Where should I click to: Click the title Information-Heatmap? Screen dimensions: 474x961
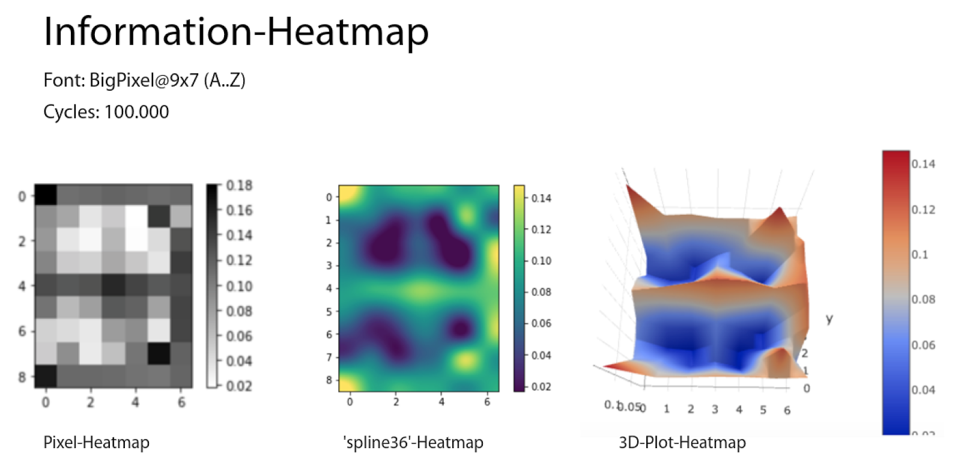pyautogui.click(x=236, y=31)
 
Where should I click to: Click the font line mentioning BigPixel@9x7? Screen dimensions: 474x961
pyautogui.click(x=144, y=80)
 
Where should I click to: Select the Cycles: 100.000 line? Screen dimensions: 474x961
pyautogui.click(x=106, y=112)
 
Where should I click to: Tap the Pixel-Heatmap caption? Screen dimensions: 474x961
pyautogui.click(x=96, y=443)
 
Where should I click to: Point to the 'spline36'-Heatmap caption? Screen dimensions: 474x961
pyautogui.click(x=413, y=443)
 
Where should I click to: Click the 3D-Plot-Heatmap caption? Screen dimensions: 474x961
pyautogui.click(x=682, y=443)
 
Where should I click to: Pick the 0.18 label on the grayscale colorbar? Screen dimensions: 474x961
pyautogui.click(x=239, y=185)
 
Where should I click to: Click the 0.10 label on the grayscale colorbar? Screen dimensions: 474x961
pyautogui.click(x=239, y=286)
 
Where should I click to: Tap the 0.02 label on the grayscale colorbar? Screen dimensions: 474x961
pyautogui.click(x=239, y=386)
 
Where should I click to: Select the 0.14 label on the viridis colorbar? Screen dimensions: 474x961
pyautogui.click(x=541, y=198)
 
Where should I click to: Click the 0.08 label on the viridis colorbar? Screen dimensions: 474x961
pyautogui.click(x=541, y=292)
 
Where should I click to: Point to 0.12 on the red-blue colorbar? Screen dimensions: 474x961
pyautogui.click(x=923, y=210)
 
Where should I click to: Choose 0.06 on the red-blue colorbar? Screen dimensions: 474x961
pyautogui.click(x=923, y=345)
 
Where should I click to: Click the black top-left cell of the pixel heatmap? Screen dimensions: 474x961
pyautogui.click(x=46, y=195)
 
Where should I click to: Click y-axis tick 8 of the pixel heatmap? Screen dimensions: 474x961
pyautogui.click(x=22, y=377)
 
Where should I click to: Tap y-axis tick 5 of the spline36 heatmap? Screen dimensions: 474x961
pyautogui.click(x=329, y=312)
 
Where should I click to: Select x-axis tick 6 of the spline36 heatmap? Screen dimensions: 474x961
pyautogui.click(x=487, y=401)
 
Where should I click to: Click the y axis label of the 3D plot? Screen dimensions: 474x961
pyautogui.click(x=829, y=318)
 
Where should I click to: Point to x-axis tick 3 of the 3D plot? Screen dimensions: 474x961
pyautogui.click(x=715, y=410)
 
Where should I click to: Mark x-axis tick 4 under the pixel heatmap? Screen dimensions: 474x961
pyautogui.click(x=135, y=402)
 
